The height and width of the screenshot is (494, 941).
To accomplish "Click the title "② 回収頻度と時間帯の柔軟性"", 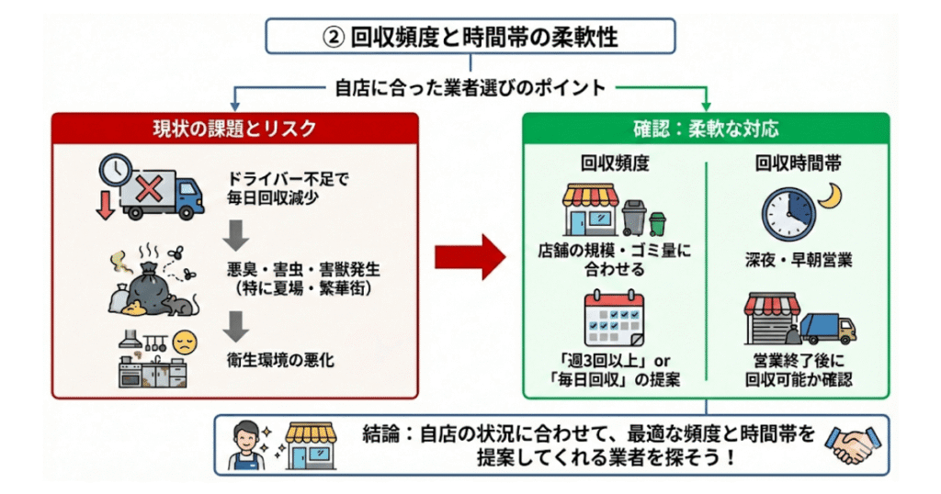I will coord(470,37).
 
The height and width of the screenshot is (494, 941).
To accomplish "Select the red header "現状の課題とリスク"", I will coord(235,128).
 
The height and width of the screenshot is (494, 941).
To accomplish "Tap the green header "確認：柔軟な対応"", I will coord(706,128).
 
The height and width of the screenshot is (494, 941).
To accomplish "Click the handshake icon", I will coord(851,444).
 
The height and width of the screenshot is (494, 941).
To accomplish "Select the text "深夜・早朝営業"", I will coord(799,261).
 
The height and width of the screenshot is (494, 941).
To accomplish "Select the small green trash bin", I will coord(657,223).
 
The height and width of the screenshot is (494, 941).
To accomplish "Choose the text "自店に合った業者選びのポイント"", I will coord(470,88).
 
